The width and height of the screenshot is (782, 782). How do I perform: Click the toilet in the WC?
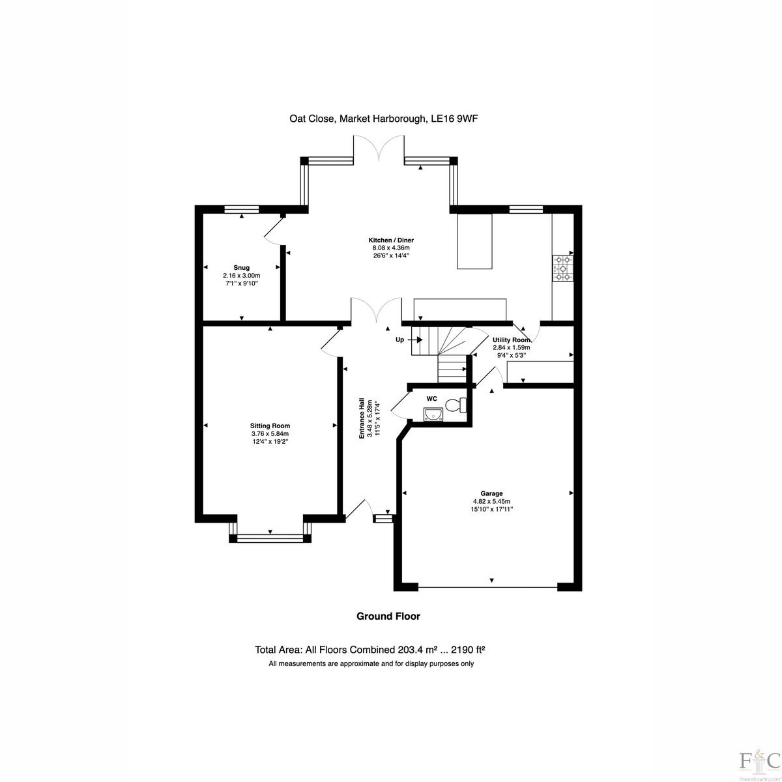(x=456, y=405)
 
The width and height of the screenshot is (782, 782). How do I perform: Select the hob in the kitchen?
(x=563, y=268)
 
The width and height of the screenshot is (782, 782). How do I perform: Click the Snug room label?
(x=242, y=268)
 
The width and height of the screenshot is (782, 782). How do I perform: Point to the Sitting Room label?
(x=270, y=426)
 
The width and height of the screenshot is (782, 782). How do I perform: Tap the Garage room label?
(x=491, y=493)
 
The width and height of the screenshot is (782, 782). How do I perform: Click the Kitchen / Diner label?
(x=391, y=240)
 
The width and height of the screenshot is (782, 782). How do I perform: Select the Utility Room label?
(x=512, y=340)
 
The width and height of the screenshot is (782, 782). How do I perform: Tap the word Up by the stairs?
(x=399, y=340)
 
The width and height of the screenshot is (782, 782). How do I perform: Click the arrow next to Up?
(x=417, y=340)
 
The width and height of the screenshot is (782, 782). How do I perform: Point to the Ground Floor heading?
(x=388, y=616)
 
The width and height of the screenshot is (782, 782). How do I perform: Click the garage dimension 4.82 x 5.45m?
(x=491, y=501)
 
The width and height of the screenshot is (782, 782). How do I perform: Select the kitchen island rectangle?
(x=475, y=242)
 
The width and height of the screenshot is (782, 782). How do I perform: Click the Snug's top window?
(x=242, y=209)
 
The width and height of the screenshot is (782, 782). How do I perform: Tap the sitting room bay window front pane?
(x=270, y=538)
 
